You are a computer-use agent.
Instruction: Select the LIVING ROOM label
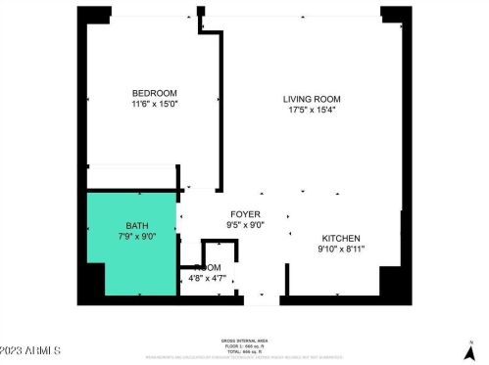coord(311,99)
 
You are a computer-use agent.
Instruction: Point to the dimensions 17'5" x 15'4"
coord(311,110)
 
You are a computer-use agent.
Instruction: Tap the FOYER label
coord(245,213)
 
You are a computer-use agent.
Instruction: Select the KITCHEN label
coord(340,238)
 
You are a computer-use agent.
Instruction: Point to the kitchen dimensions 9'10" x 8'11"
coord(340,249)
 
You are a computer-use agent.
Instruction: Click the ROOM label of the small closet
coord(208,267)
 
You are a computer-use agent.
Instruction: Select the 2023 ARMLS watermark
coord(31,349)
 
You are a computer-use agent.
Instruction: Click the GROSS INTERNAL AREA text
coord(243,341)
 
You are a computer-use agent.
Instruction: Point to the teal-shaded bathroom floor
coord(118,254)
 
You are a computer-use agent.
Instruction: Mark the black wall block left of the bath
coord(90,285)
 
